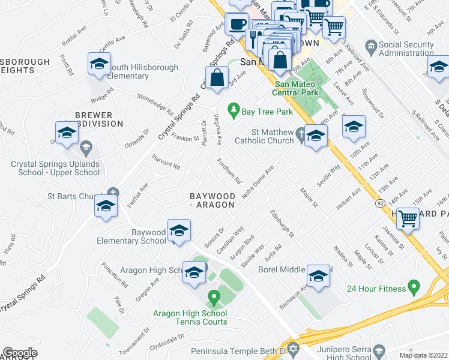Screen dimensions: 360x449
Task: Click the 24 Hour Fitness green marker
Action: (413, 289)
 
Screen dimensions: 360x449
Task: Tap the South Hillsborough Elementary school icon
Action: (99, 65)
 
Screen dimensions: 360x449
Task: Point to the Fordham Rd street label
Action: (229, 171)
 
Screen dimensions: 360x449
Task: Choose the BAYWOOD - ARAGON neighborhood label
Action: (211, 200)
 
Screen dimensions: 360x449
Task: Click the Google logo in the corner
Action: (20, 353)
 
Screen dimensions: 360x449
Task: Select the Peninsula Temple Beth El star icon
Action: (294, 348)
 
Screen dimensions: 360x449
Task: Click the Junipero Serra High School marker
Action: (378, 350)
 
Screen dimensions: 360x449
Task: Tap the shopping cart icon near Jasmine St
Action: (408, 220)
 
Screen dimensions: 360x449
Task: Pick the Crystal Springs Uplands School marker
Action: (86, 147)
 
